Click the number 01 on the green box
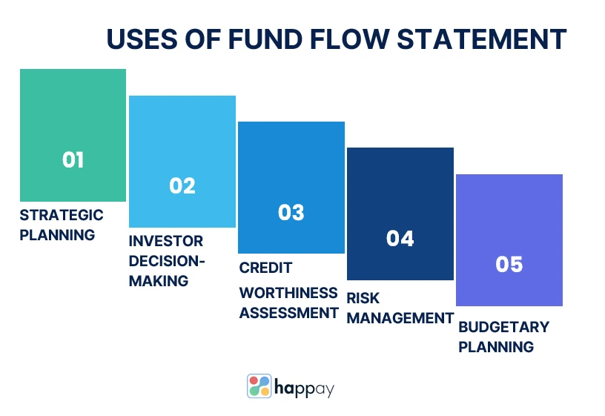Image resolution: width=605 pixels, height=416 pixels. pos(73,159)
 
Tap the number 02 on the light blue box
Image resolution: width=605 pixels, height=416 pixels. pos(182,185)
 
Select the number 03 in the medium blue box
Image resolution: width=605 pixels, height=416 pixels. pos(291,212)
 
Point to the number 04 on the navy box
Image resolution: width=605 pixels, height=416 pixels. pos(400,238)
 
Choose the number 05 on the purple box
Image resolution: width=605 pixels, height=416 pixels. pos(509,264)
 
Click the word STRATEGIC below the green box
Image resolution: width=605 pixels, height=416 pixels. pos(62,215)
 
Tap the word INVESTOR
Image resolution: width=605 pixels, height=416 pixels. pos(166,241)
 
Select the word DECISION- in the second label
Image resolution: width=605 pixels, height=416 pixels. pos(167,261)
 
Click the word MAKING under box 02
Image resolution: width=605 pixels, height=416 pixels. pos(159,281)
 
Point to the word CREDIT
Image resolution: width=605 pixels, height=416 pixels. pos(265,268)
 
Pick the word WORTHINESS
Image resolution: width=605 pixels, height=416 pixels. pos(288,293)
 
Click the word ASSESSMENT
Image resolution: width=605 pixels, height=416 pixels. pos(288,313)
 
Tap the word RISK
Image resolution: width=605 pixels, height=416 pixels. pos(363,298)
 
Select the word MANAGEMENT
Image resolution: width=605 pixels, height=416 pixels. pos(400,318)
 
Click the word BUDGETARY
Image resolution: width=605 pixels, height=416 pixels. pos(504,327)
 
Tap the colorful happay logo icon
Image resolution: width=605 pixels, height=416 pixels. pos(259,386)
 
